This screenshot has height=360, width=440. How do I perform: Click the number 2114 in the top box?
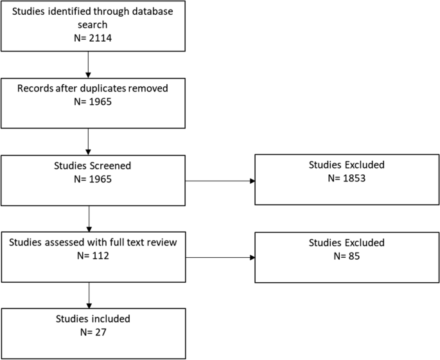pos(98,39)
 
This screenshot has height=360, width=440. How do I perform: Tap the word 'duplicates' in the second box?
pos(98,89)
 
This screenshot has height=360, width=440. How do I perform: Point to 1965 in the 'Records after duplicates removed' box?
pos(98,102)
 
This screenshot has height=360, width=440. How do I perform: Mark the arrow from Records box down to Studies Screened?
pos(87,141)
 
